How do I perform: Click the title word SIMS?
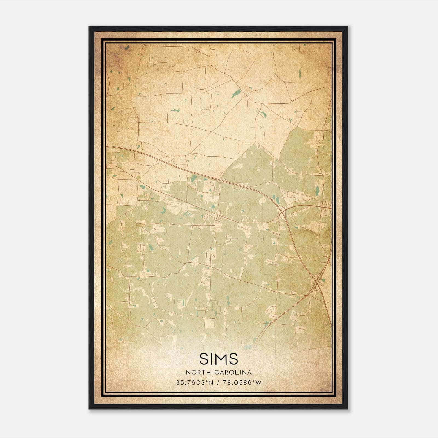(x=219, y=359)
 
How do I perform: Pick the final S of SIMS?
(x=234, y=359)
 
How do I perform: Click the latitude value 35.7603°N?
(x=194, y=382)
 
